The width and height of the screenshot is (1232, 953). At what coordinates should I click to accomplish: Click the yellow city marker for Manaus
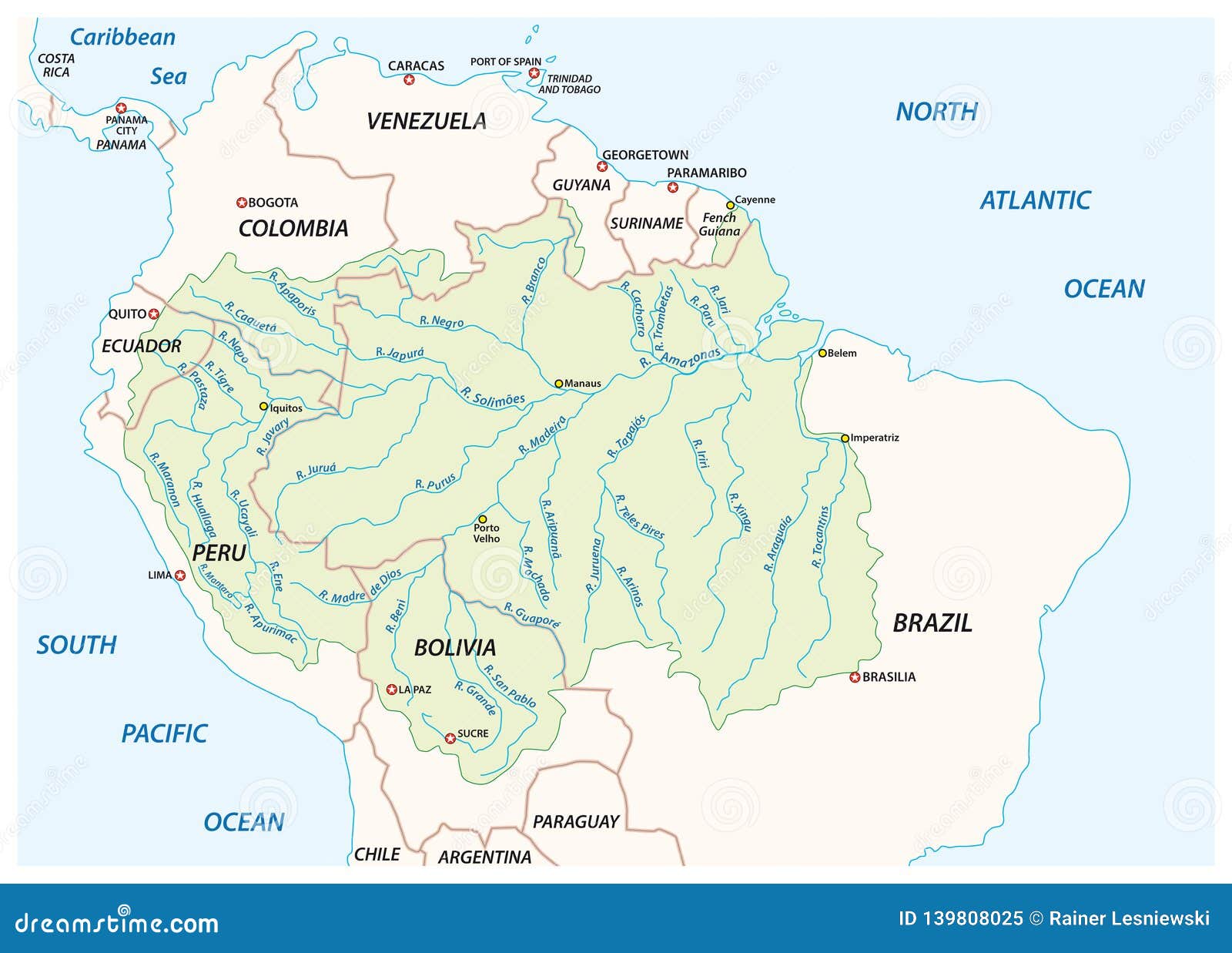click(559, 383)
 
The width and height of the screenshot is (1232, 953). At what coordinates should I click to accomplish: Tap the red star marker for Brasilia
click(854, 677)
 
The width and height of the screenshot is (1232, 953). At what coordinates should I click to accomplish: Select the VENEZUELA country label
click(426, 121)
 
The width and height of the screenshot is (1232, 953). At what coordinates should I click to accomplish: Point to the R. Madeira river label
click(542, 435)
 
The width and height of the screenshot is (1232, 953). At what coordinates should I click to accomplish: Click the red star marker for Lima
click(180, 575)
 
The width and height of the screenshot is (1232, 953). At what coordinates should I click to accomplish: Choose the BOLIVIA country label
click(454, 648)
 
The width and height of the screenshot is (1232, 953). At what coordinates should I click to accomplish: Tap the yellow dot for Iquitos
click(263, 406)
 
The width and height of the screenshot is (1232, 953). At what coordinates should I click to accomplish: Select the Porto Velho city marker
click(483, 519)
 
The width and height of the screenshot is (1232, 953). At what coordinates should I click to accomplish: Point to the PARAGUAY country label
click(576, 822)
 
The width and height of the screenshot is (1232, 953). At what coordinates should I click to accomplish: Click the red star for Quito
click(154, 314)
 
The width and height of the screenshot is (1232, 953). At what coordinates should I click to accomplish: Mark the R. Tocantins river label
click(821, 537)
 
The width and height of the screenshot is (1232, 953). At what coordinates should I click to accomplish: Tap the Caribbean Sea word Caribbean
click(122, 37)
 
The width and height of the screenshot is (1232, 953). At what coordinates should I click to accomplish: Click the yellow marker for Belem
click(822, 353)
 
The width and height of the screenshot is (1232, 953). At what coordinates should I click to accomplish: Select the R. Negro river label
click(441, 322)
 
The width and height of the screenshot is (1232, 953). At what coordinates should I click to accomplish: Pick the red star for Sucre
click(450, 738)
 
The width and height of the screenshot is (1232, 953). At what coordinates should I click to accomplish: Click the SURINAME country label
click(647, 223)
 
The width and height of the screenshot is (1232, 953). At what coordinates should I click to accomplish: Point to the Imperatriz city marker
click(845, 438)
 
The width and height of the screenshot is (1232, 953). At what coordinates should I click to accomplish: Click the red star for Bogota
click(242, 203)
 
